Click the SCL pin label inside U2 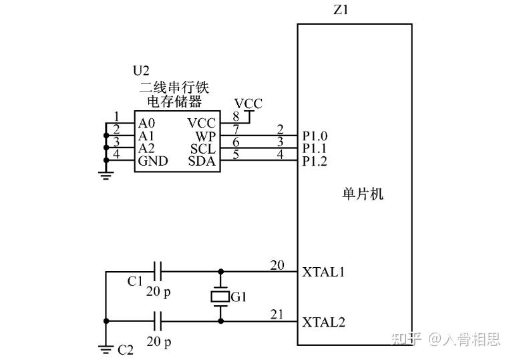pyautogui.click(x=202, y=149)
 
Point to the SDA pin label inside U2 pyautogui.click(x=202, y=162)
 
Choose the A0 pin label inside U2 pyautogui.click(x=146, y=124)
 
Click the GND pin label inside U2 pyautogui.click(x=152, y=162)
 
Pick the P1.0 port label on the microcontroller pyautogui.click(x=315, y=136)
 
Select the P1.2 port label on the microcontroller pyautogui.click(x=315, y=162)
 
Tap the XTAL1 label pyautogui.click(x=323, y=273)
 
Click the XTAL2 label pyautogui.click(x=323, y=323)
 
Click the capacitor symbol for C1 pyautogui.click(x=158, y=272)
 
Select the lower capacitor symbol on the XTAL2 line pyautogui.click(x=158, y=322)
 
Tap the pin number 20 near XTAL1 pyautogui.click(x=277, y=265)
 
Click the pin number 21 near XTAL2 pyautogui.click(x=277, y=315)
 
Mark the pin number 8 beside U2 pyautogui.click(x=236, y=117)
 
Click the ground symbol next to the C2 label pyautogui.click(x=105, y=347)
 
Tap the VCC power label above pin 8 pyautogui.click(x=248, y=104)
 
